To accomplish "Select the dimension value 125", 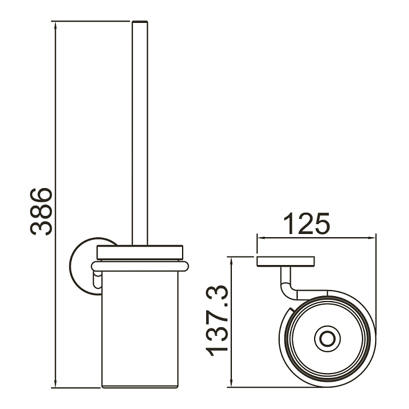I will (x=308, y=224).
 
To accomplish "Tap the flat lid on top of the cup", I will (x=141, y=251).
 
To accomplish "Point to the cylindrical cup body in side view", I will (x=141, y=327).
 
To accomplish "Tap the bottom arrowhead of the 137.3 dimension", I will (x=232, y=383).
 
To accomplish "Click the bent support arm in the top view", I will (x=288, y=284).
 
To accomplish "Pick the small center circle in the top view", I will (x=327, y=339).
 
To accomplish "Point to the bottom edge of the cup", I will (x=141, y=387).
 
